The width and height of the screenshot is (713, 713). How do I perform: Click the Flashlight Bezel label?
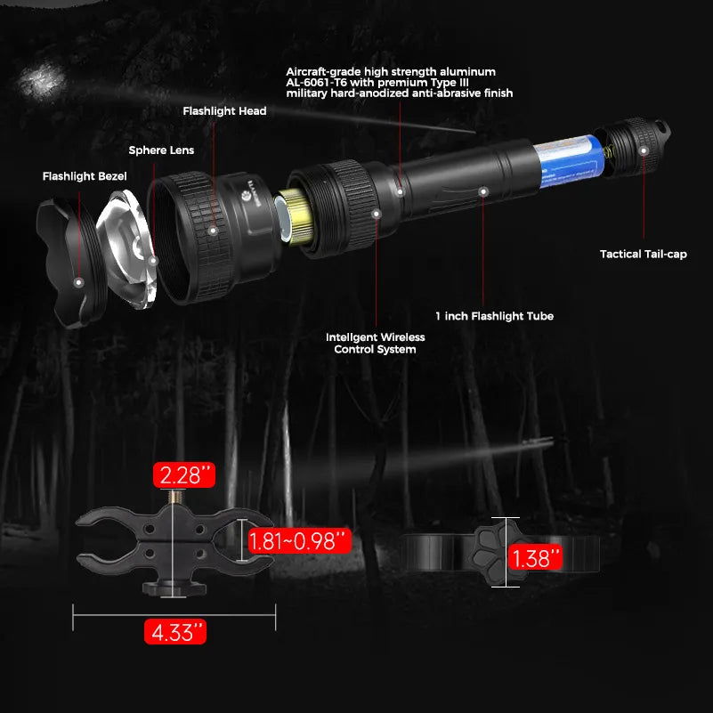(x=85, y=176)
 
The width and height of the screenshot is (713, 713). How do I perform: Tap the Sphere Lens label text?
(x=161, y=150)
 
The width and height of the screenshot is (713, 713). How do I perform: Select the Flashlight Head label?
(x=224, y=111)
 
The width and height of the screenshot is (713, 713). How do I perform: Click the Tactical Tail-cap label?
(x=644, y=255)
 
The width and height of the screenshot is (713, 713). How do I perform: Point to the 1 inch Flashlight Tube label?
(x=494, y=316)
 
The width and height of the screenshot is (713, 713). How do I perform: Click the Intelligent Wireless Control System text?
(x=375, y=344)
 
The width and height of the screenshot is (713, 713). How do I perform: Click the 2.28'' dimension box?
(x=184, y=474)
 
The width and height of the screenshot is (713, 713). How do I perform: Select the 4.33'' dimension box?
(x=174, y=632)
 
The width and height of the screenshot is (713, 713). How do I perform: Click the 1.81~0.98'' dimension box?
(x=299, y=540)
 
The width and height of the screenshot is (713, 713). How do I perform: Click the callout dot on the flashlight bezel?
(x=78, y=281)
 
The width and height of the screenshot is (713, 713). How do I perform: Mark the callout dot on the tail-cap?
(x=643, y=152)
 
